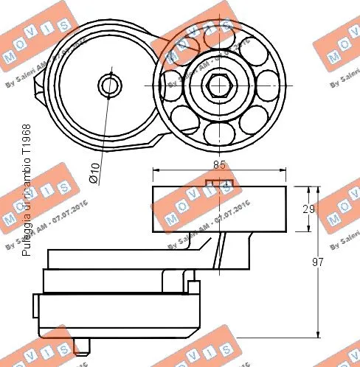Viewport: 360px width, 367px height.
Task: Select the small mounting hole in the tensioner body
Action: [x=109, y=85]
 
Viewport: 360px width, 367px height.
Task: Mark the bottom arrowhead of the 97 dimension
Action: [x=318, y=334]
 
